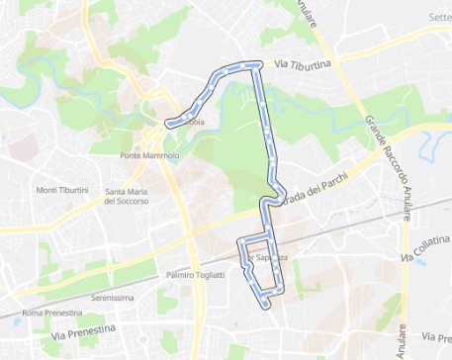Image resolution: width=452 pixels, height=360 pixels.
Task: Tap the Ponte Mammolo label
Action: coord(148,156)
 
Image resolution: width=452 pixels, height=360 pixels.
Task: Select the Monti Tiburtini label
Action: coord(61,190)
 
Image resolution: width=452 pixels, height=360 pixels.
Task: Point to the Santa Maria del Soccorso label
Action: coord(127,196)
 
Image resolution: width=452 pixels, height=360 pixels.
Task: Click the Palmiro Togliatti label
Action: coord(196,274)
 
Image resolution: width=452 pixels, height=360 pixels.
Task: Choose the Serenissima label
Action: coord(112,296)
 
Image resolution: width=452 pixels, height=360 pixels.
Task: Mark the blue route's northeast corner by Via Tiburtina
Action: coord(258,66)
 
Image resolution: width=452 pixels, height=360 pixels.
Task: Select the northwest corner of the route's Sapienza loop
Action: coord(240,240)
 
